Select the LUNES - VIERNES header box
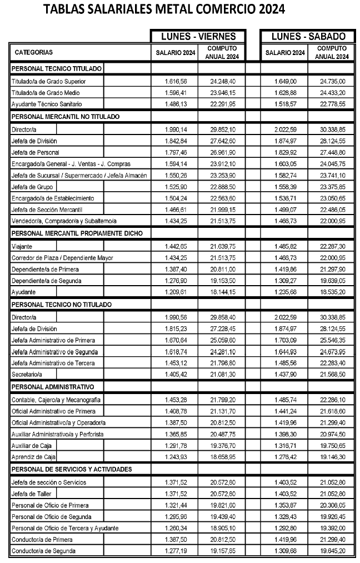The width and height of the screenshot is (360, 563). (x=198, y=37)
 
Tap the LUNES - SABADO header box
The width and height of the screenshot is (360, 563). (x=308, y=37)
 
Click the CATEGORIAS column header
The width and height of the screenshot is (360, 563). (x=34, y=53)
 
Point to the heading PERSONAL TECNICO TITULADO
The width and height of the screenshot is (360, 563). (x=56, y=68)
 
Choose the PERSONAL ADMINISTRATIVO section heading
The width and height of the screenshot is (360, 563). (x=53, y=386)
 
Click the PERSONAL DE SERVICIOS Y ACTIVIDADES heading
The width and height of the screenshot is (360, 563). (x=72, y=469)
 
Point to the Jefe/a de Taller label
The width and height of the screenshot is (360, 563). (x=32, y=494)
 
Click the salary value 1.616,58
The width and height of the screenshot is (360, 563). (x=176, y=81)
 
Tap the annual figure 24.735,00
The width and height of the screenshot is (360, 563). (x=333, y=81)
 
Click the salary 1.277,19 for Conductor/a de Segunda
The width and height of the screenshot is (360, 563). (x=176, y=551)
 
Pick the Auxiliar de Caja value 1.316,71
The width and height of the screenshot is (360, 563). (x=286, y=445)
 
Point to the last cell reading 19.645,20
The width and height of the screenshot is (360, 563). (x=333, y=551)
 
